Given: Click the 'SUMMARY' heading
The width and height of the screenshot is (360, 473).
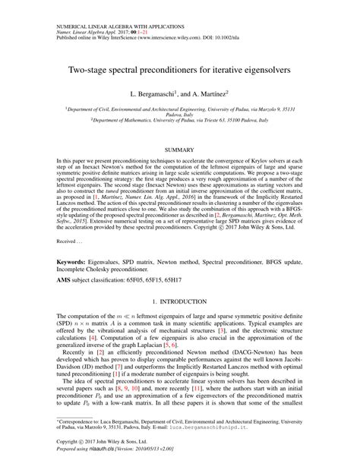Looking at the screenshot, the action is (179, 150).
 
